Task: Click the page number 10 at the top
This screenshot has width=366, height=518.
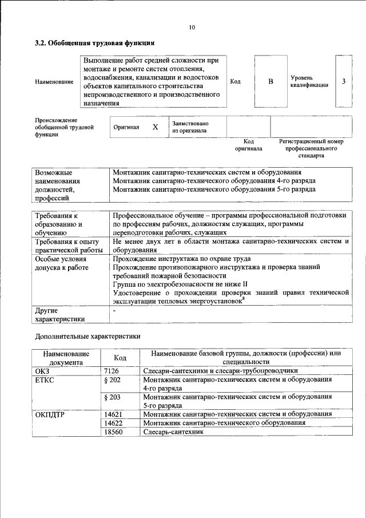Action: point(191,26)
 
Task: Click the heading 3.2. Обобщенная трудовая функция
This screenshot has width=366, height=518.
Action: point(94,43)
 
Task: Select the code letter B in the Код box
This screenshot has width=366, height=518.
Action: point(270,81)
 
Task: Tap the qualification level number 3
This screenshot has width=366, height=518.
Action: point(344,81)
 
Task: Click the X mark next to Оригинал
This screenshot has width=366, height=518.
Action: point(155,127)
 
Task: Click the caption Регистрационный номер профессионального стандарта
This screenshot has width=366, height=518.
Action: point(311,148)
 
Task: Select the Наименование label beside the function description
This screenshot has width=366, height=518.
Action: point(54,82)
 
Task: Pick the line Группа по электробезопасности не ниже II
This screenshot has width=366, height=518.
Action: point(180,283)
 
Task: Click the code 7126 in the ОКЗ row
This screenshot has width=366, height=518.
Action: point(112,371)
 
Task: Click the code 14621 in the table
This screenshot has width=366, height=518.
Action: point(114,414)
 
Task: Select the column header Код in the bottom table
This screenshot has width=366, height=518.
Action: point(120,358)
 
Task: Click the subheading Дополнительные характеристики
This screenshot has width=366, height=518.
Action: point(87,337)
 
